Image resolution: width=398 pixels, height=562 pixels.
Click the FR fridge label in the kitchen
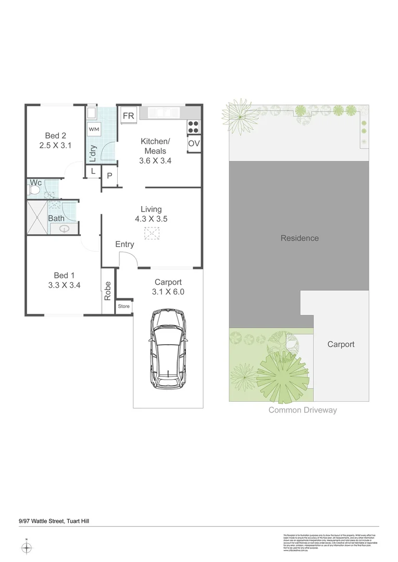[x=128, y=116]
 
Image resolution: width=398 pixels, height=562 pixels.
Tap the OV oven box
[x=194, y=144]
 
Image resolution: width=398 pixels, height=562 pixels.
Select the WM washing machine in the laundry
[x=94, y=129]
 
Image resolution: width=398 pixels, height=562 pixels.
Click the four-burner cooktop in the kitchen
[x=193, y=126]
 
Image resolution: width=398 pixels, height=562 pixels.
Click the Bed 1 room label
[x=64, y=275]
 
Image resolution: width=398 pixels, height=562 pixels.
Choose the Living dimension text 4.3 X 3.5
[x=151, y=219]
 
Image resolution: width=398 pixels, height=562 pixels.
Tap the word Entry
[x=125, y=244]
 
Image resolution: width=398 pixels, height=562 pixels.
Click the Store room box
[x=124, y=306]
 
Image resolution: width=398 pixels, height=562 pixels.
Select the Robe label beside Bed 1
[x=108, y=290]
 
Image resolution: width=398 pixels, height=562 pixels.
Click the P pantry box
[x=109, y=176]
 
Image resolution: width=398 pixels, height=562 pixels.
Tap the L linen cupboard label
[x=93, y=171]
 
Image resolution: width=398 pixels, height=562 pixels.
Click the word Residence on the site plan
[x=300, y=238]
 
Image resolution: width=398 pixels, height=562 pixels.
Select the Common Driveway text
[x=302, y=410]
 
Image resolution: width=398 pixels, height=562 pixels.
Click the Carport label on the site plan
[x=341, y=344]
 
